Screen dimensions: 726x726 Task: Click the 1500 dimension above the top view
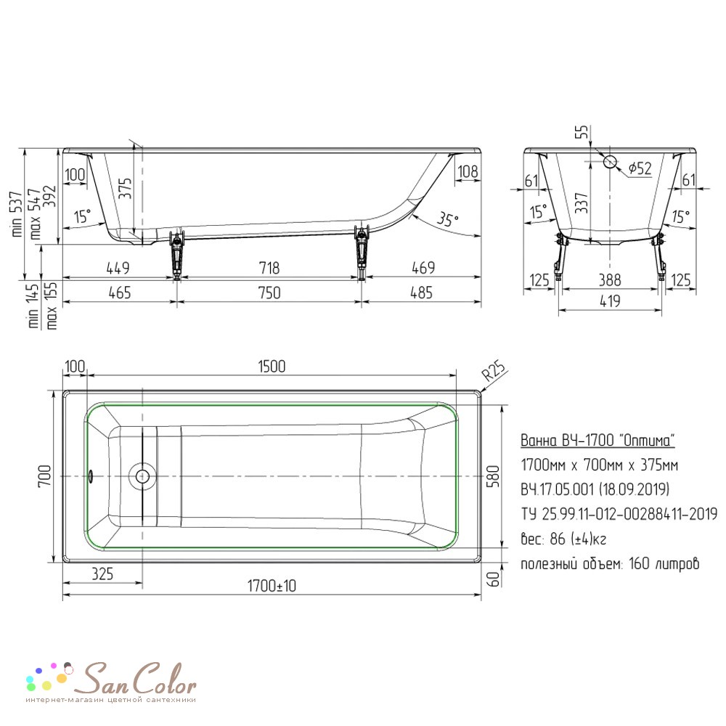pos(272,366)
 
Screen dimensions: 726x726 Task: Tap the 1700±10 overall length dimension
pos(272,586)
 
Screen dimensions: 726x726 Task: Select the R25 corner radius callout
pos(494,371)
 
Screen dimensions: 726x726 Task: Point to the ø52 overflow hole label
pos(640,168)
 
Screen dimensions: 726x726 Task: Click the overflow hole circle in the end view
pos(610,162)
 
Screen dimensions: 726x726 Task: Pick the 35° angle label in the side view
pos(447,219)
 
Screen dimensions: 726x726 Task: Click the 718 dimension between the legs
pos(269,268)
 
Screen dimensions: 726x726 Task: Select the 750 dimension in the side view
pos(269,293)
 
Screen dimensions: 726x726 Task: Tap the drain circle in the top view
pos(142,476)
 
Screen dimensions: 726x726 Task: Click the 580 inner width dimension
pos(493,476)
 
